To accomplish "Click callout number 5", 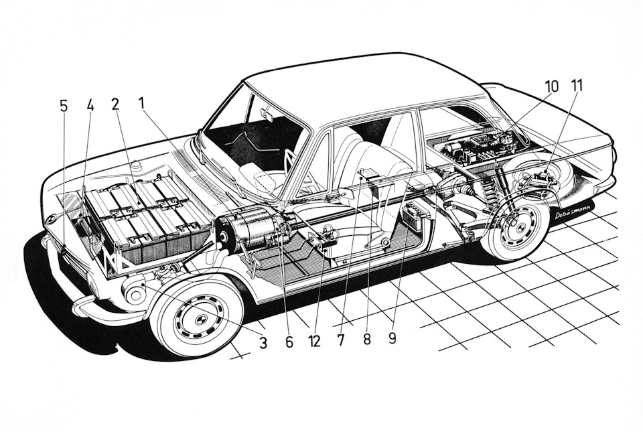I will point(64,105).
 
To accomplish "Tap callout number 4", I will point(90,105).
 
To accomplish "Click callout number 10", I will point(551,86).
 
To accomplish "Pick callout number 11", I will point(577,86).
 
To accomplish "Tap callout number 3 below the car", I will point(263,342).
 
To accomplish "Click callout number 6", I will point(289,341).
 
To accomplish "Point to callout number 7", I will point(340,340).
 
